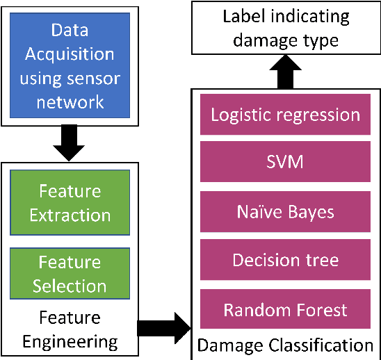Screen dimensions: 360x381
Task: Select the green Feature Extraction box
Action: point(70,203)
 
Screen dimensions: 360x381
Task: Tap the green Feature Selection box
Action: point(70,274)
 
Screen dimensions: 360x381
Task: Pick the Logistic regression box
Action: point(285,115)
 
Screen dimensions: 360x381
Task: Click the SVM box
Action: point(285,163)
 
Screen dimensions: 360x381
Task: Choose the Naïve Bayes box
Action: point(285,212)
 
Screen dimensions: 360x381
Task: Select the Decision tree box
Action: point(285,261)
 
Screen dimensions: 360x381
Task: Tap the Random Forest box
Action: point(285,309)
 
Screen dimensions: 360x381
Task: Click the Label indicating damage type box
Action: point(285,28)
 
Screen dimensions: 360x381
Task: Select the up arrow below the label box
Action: point(286,73)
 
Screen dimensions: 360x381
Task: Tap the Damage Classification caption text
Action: point(285,345)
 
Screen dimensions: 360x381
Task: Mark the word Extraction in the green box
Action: point(70,215)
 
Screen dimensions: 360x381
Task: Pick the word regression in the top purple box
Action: point(316,115)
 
